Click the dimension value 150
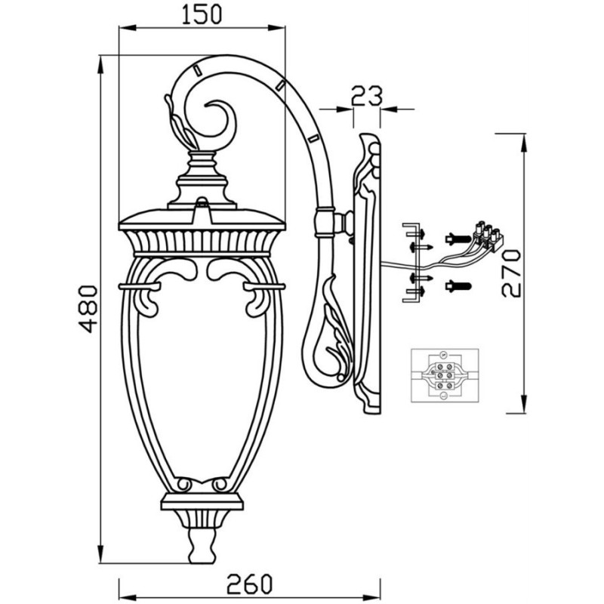[x=202, y=14]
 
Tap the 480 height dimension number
[x=88, y=309]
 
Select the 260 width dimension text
[x=249, y=584]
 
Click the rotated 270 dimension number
[x=511, y=273]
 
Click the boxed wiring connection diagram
[x=445, y=375]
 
